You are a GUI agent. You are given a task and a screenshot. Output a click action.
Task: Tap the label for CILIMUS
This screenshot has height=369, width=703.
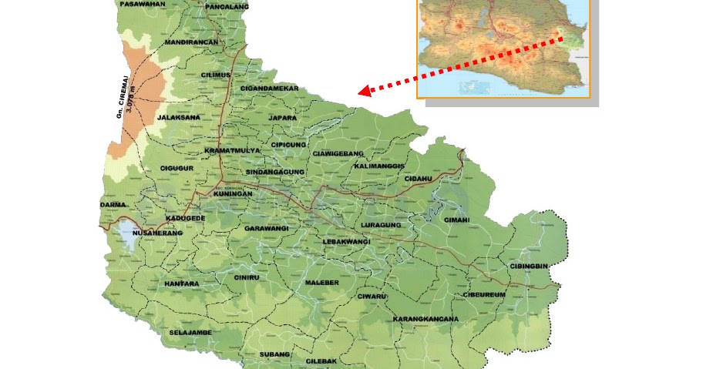click(x=216, y=75)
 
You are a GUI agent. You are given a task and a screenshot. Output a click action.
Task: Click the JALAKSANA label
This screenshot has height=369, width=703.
click(x=178, y=118)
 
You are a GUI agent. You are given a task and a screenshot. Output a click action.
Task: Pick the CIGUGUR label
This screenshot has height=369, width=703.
click(x=176, y=168)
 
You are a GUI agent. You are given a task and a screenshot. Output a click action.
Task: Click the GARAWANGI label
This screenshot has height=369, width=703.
click(x=266, y=229)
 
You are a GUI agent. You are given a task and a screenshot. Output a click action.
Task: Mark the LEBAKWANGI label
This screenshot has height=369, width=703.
click(x=347, y=242)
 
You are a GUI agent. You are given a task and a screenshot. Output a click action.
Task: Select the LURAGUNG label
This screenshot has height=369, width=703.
click(x=381, y=225)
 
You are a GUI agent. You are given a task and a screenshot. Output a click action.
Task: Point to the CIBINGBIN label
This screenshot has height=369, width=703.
click(x=529, y=266)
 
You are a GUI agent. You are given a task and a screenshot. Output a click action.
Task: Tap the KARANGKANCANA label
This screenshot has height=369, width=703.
click(x=425, y=319)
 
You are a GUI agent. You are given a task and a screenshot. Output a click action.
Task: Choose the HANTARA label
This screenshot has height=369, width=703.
click(x=181, y=283)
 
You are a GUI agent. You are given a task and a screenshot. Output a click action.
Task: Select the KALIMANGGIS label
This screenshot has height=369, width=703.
click(x=379, y=166)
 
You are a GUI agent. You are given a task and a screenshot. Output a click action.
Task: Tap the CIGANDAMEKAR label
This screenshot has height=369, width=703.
click(x=269, y=89)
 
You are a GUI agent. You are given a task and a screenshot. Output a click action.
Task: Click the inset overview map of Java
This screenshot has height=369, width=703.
click(x=504, y=48)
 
